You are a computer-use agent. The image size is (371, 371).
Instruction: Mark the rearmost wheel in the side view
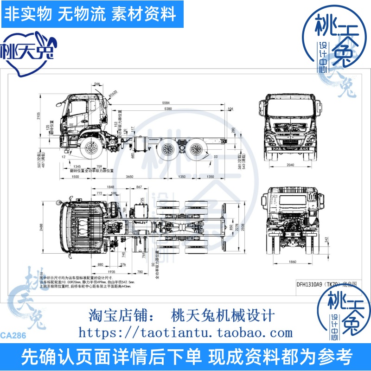tap(197, 149)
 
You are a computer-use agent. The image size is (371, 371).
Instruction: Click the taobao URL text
tap(185, 333)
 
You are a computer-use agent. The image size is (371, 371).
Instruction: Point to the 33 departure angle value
tap(215, 157)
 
